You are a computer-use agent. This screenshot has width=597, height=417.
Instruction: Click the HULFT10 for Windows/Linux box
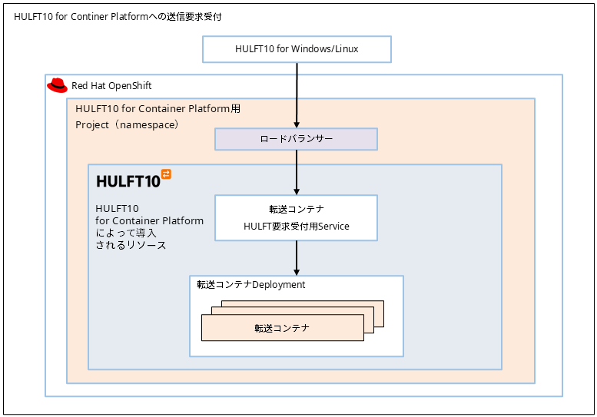pyautogui.click(x=297, y=49)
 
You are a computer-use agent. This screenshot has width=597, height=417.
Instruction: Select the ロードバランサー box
pyautogui.click(x=296, y=139)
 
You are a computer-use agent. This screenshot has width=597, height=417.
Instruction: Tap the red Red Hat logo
pyautogui.click(x=57, y=85)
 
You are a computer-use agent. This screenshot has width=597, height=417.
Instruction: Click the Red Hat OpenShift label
pyautogui.click(x=111, y=86)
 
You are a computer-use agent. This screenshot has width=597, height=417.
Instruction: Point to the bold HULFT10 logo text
pyautogui.click(x=128, y=181)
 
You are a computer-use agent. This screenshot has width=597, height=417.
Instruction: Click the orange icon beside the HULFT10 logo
pyautogui.click(x=166, y=174)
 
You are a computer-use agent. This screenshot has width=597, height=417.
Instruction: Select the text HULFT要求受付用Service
pyautogui.click(x=296, y=227)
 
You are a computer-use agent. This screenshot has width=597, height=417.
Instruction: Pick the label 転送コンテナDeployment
pyautogui.click(x=251, y=285)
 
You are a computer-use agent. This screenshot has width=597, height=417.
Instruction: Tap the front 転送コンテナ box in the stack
pyautogui.click(x=282, y=328)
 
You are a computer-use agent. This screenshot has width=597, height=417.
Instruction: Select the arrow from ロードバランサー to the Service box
pyautogui.click(x=297, y=172)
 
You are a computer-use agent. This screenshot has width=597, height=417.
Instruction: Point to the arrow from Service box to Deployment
pyautogui.click(x=297, y=258)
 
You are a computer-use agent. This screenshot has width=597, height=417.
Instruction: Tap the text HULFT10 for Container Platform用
pyautogui.click(x=158, y=109)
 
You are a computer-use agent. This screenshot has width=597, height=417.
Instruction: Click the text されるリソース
pyautogui.click(x=131, y=246)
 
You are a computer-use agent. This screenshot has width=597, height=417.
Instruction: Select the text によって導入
pyautogui.click(x=126, y=233)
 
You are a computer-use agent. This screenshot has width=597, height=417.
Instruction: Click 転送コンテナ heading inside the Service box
pyautogui.click(x=296, y=209)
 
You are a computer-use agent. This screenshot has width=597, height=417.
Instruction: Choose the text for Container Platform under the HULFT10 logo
pyautogui.click(x=150, y=221)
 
